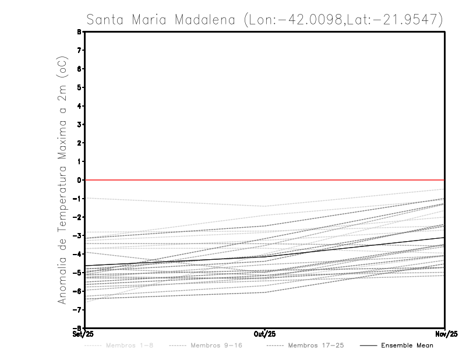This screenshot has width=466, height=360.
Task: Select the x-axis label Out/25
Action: [265, 334]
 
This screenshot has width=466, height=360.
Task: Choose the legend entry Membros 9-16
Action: [216, 345]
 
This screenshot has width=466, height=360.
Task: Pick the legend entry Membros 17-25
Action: [316, 345]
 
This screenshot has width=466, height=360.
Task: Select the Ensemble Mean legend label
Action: [407, 345]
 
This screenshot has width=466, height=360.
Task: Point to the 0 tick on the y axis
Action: [79, 180]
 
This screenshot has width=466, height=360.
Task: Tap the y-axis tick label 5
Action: [79, 87]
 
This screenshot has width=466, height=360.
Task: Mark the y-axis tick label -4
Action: [78, 254]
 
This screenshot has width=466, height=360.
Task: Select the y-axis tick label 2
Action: [79, 143]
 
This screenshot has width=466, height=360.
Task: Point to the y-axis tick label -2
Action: [78, 217]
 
